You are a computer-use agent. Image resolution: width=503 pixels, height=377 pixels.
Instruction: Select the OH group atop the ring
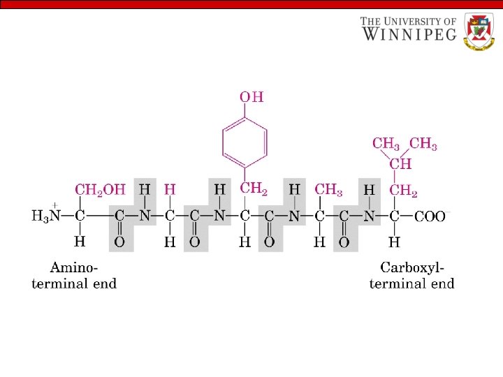click(x=251, y=97)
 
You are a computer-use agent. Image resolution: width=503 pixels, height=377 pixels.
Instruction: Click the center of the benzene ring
click(x=245, y=142)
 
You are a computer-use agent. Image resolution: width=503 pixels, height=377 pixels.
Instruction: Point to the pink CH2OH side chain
click(x=100, y=189)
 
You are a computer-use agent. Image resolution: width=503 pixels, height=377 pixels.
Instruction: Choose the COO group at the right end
click(x=430, y=216)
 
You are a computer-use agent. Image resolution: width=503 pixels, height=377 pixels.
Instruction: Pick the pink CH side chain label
click(x=400, y=165)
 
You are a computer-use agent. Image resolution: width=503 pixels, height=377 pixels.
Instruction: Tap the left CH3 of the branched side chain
click(x=386, y=144)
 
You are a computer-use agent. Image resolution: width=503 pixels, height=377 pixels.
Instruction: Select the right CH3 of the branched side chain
click(x=423, y=144)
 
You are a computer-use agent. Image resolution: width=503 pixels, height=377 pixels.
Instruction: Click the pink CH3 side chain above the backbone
click(x=328, y=189)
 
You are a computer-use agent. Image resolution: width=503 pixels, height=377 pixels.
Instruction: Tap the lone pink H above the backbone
click(x=169, y=189)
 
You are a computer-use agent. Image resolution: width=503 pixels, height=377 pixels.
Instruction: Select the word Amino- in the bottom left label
click(x=74, y=267)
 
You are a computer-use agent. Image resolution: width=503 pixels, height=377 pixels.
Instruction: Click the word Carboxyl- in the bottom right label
click(x=412, y=267)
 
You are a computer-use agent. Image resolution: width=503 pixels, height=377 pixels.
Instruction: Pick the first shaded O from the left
click(x=119, y=242)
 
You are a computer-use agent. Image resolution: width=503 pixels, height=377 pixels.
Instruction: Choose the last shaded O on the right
click(x=344, y=242)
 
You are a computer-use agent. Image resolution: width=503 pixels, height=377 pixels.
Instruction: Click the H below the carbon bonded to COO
click(x=394, y=242)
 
